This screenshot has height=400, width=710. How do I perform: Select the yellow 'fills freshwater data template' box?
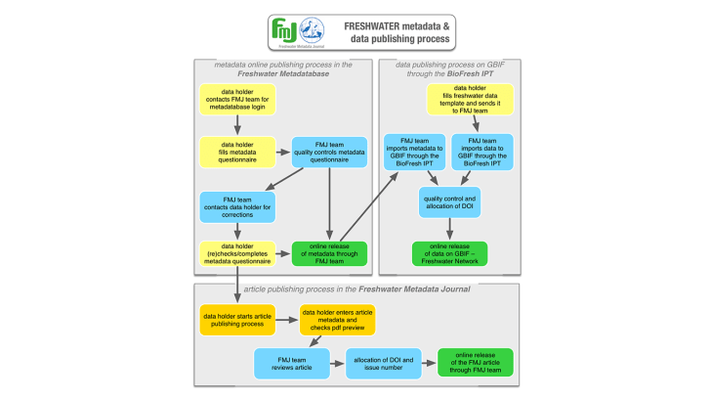pyautogui.click(x=477, y=100)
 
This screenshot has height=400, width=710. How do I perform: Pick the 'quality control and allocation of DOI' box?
pyautogui.click(x=450, y=203)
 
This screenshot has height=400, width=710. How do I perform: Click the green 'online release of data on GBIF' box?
pyautogui.click(x=450, y=254)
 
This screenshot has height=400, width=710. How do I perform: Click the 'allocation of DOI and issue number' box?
pyautogui.click(x=382, y=363)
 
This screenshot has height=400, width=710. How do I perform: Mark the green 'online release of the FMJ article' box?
pyautogui.click(x=474, y=363)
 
